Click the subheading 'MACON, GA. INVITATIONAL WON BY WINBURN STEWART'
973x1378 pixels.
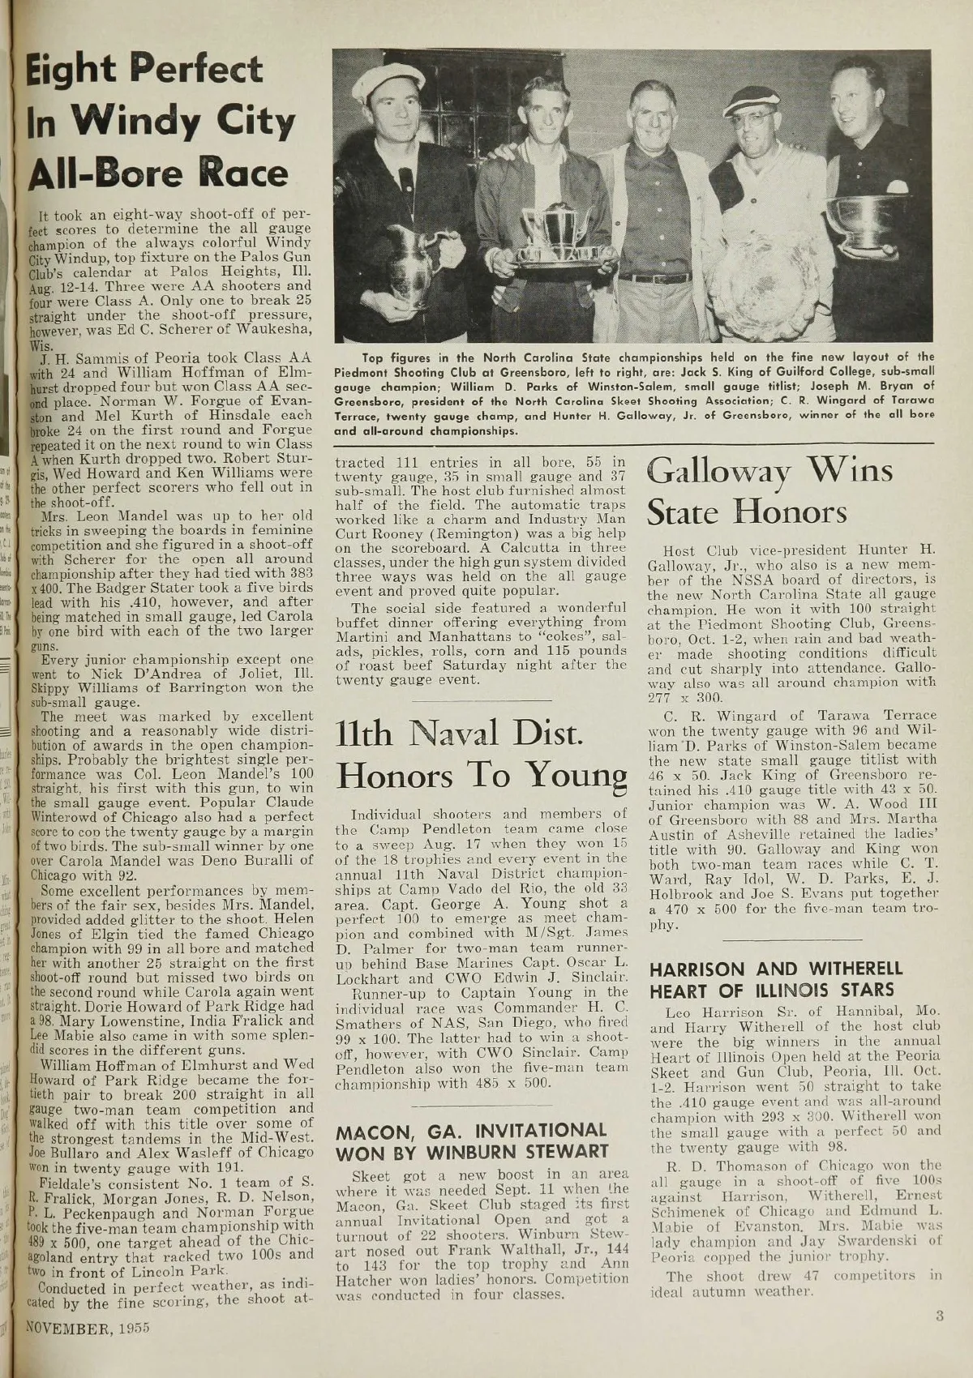coord(472,1140)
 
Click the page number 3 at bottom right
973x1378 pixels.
coord(939,1316)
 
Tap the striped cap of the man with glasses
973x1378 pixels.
coord(752,101)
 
